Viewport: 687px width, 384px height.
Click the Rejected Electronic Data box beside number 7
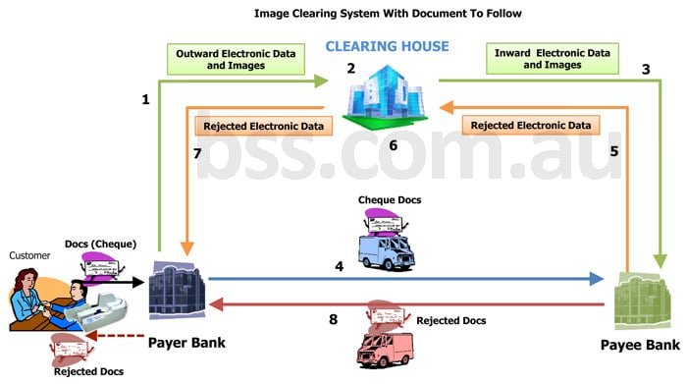[x=263, y=126]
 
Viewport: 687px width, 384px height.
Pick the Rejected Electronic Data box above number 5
[x=531, y=125]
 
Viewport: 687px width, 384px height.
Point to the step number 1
[x=145, y=99]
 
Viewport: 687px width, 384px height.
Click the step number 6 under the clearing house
[x=393, y=145]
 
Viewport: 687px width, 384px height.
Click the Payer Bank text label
[x=187, y=343]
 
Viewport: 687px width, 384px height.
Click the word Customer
[x=29, y=255]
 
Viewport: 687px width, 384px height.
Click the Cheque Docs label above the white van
[x=391, y=200]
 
